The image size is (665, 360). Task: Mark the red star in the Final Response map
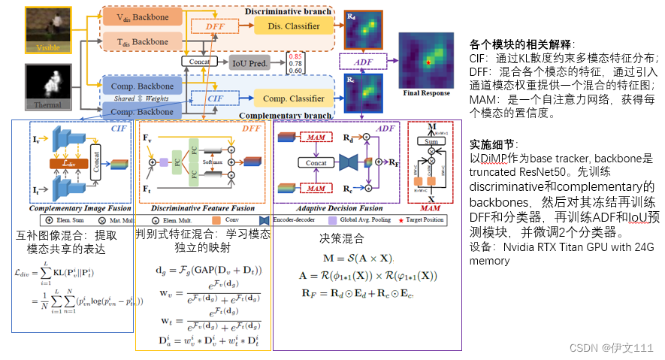coord(428,63)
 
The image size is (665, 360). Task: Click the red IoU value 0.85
coord(295,56)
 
